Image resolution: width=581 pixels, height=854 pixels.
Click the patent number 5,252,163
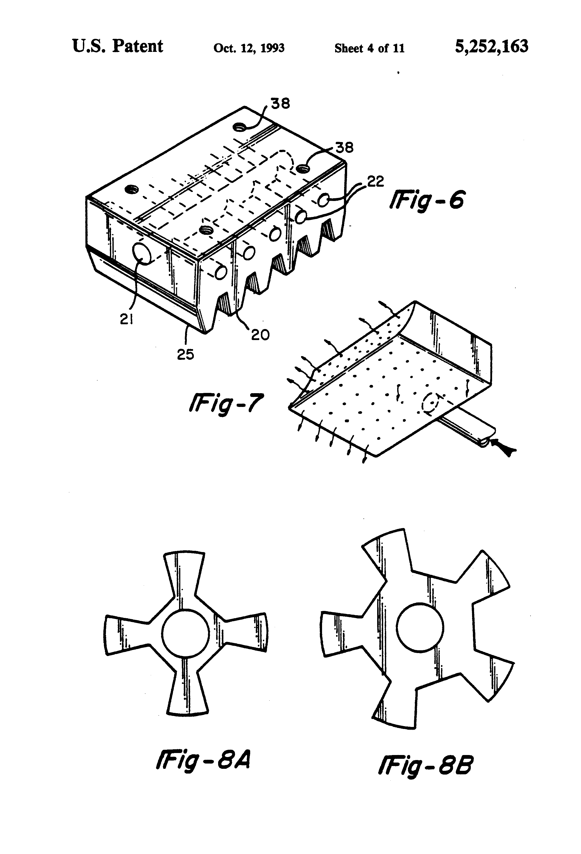[491, 47]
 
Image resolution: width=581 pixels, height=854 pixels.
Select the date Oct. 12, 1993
[249, 48]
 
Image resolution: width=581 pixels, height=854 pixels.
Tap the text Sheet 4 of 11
[369, 48]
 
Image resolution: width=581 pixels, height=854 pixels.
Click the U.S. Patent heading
[117, 47]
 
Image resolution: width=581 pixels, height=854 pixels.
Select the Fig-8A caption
[203, 761]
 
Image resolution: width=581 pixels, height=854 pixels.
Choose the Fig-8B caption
[425, 765]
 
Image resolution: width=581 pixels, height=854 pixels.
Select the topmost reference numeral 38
[280, 104]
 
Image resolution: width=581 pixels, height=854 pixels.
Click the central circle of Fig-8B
[420, 626]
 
